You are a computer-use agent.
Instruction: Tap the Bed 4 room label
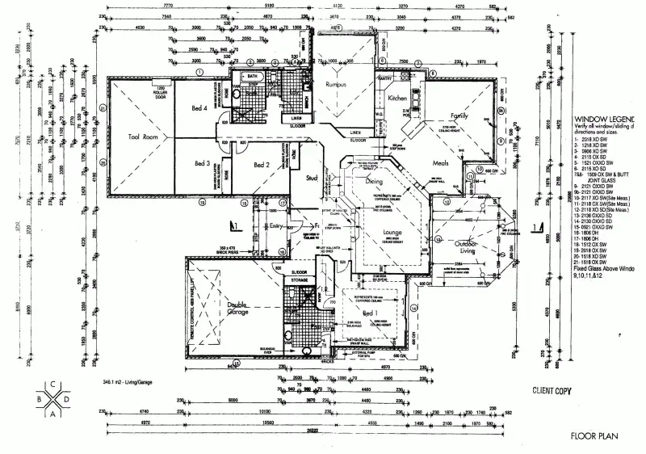click(200, 107)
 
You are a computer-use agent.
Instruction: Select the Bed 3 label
click(202, 163)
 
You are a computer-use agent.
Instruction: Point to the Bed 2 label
click(261, 164)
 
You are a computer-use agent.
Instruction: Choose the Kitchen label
click(398, 98)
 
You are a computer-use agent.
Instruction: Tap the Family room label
click(459, 116)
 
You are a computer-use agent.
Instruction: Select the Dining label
click(373, 182)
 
